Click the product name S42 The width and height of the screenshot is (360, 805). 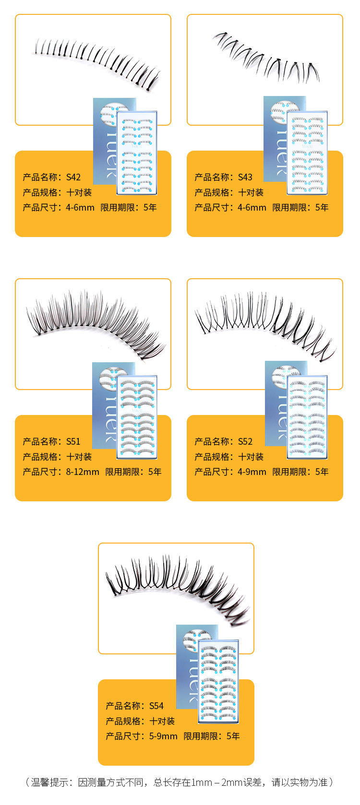click(73, 177)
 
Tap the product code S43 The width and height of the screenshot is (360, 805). click(245, 177)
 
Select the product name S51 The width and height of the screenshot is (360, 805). click(73, 441)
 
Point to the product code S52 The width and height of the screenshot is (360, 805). click(245, 441)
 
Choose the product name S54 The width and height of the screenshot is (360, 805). click(156, 706)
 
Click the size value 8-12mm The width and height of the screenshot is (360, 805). click(83, 472)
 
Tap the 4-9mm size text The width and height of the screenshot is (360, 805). click(252, 472)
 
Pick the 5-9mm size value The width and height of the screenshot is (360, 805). click(163, 736)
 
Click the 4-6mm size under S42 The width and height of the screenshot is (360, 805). click(80, 207)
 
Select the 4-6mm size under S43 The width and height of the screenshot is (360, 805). click(252, 207)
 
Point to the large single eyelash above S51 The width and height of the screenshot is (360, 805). click(96, 321)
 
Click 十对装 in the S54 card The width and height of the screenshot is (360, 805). click(162, 721)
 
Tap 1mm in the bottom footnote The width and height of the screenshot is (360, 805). click(202, 782)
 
